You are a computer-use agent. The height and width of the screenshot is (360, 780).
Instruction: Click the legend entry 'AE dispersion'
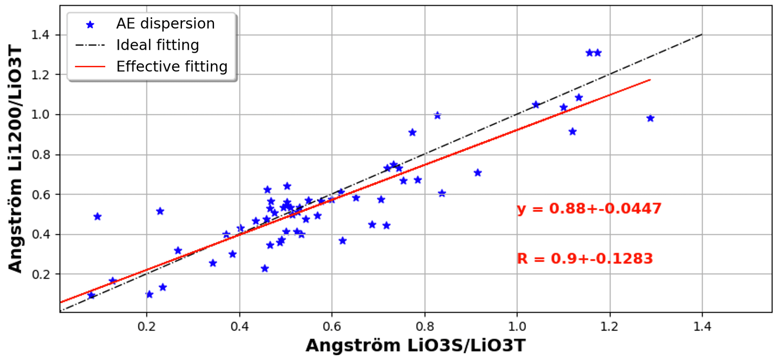(165, 23)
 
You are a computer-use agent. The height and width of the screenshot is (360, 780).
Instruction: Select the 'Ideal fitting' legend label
(158, 45)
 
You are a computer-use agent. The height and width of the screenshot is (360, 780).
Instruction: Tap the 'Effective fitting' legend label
(172, 66)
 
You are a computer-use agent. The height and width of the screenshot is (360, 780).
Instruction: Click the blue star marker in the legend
(90, 25)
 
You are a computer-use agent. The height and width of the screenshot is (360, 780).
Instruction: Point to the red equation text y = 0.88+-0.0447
(589, 209)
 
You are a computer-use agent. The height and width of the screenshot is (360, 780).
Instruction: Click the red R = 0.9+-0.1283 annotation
(585, 259)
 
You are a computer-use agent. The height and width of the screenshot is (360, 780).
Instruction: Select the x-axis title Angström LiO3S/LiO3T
(415, 346)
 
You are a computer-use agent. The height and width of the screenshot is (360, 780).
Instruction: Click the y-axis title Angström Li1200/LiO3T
(15, 159)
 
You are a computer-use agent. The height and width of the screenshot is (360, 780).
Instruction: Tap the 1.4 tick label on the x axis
(702, 327)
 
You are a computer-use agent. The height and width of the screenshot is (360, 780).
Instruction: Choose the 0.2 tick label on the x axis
(146, 327)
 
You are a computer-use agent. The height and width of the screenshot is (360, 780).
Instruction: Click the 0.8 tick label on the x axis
(424, 327)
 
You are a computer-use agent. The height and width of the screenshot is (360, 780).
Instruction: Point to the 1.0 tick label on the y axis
(40, 115)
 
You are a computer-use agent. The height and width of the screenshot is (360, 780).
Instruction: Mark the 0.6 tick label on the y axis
(40, 195)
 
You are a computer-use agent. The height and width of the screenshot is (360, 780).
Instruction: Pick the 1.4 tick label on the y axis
(40, 35)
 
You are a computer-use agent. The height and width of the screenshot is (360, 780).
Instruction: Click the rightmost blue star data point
(650, 118)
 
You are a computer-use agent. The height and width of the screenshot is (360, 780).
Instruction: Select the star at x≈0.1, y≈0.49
(97, 217)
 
